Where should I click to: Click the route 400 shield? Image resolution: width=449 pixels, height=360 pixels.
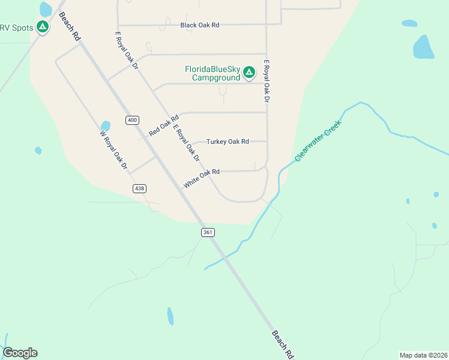click(132, 120)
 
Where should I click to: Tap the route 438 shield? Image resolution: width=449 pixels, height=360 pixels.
click(139, 188)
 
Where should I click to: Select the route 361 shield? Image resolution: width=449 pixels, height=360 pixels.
click(208, 232)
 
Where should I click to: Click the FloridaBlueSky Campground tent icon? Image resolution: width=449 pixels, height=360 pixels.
click(249, 73)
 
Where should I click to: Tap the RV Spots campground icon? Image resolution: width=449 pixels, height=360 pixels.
click(42, 26)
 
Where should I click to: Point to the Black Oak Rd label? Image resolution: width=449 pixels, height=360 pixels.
click(200, 25)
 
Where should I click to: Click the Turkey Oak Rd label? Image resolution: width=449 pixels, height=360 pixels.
click(228, 142)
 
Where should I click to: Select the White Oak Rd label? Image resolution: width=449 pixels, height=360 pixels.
click(202, 179)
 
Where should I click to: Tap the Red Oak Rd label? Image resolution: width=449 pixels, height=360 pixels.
click(164, 125)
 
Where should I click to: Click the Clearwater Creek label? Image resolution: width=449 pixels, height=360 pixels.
click(318, 141)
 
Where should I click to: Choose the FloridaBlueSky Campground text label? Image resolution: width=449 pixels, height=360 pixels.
click(212, 73)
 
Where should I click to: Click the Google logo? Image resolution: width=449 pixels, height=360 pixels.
click(20, 353)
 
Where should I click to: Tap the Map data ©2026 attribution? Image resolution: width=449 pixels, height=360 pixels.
click(424, 355)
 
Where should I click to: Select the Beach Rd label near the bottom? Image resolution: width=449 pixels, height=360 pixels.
click(282, 344)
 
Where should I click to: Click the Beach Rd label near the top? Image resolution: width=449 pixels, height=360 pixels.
click(70, 28)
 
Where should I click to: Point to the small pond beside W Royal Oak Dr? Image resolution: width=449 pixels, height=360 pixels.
click(106, 127)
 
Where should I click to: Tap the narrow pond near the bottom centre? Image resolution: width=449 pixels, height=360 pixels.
click(170, 316)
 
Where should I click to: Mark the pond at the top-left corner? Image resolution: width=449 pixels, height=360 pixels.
click(45, 9)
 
